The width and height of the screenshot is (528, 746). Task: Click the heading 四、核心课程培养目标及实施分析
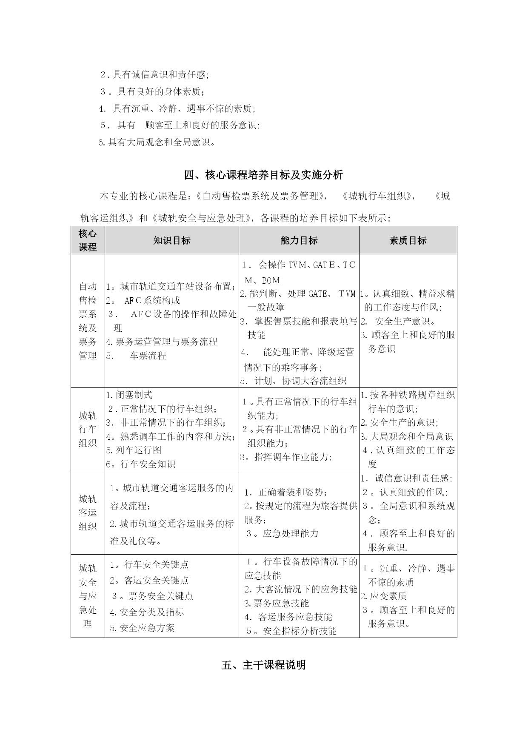[264, 175]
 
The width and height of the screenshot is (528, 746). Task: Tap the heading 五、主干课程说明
[264, 665]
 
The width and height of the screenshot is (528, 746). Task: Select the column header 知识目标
[171, 241]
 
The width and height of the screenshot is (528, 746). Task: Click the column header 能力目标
[299, 241]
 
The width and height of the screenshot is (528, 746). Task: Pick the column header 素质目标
[408, 241]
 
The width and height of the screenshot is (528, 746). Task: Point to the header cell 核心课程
[88, 240]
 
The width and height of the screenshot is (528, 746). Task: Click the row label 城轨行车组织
[88, 429]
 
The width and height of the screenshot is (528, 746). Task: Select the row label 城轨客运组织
[88, 513]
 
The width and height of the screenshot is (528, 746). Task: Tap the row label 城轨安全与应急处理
[88, 596]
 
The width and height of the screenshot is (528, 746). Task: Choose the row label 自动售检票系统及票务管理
[88, 321]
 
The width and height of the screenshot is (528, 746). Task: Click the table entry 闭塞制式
[129, 395]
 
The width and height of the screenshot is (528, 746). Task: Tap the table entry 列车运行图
[134, 450]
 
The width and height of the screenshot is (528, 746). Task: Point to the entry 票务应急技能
[277, 603]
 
